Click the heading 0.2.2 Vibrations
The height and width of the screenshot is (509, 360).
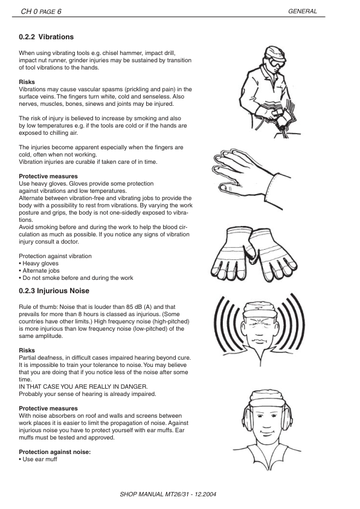(47, 37)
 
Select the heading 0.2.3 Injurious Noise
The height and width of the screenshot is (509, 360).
(54, 291)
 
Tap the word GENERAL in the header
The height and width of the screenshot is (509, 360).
(304, 11)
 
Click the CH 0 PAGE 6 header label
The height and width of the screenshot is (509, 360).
(42, 11)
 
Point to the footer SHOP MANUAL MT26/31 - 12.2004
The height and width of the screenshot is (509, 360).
(169, 494)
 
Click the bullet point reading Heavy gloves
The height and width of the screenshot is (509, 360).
(40, 264)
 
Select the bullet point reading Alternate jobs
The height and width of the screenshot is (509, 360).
(40, 271)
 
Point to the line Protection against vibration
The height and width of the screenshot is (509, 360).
(55, 256)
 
